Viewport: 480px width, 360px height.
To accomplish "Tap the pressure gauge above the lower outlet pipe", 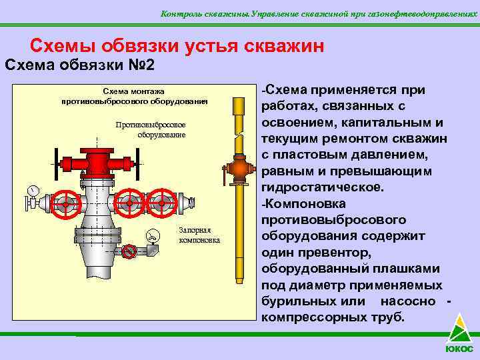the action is click(153, 235).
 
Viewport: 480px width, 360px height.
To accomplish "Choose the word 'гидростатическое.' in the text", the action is click(323, 187).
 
